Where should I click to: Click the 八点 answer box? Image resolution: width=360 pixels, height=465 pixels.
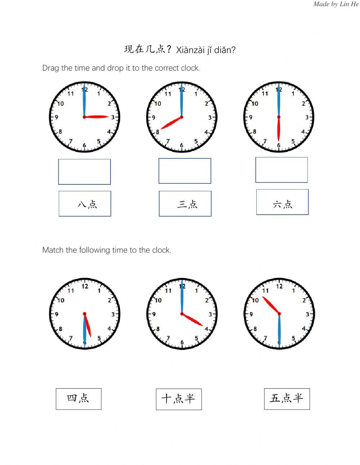[x=85, y=204]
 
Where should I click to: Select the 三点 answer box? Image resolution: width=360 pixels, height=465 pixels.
[x=185, y=204]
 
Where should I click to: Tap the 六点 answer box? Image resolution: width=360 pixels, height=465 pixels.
[x=282, y=202]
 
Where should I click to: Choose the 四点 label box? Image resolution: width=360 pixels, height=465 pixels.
[x=78, y=399]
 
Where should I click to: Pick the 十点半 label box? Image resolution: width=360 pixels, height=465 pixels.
[x=179, y=399]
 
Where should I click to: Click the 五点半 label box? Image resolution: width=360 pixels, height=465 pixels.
[x=287, y=399]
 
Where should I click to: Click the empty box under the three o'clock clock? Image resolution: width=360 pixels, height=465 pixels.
[x=85, y=172]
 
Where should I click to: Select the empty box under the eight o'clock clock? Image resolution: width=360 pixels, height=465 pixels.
[x=185, y=171]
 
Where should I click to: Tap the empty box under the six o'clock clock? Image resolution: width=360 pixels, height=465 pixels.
[x=282, y=170]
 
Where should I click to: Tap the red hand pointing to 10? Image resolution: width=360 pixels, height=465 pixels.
[x=271, y=305]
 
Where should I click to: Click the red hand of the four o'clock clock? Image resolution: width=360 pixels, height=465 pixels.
[x=193, y=319]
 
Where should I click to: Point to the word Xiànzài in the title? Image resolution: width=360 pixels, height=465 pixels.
[x=190, y=50]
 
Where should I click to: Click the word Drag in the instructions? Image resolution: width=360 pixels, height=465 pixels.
[x=50, y=68]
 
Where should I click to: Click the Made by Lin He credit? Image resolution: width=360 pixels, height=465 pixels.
[x=336, y=4]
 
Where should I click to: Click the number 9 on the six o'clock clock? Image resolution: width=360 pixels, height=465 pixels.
[x=251, y=117]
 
